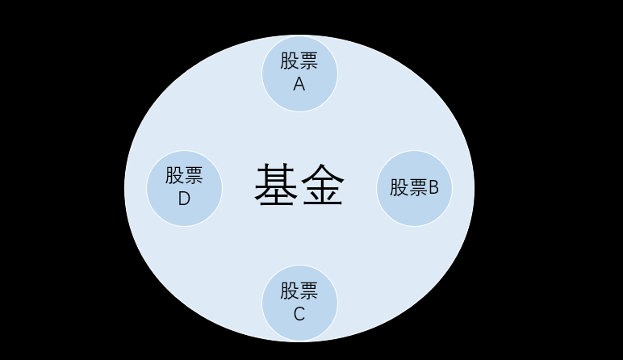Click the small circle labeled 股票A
[299, 73]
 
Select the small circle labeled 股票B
[414, 188]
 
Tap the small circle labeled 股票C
[299, 303]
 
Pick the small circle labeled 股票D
[184, 188]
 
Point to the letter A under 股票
[299, 84]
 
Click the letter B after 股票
[433, 188]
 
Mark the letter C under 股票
[299, 314]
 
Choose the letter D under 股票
[184, 199]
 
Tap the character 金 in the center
[323, 186]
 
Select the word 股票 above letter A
[299, 62]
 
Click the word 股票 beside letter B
[408, 188]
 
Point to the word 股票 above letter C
[299, 291]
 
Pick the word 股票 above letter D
[184, 176]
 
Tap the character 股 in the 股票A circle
[290, 62]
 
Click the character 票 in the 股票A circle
[309, 62]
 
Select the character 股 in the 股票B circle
[399, 188]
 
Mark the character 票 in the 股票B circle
[418, 188]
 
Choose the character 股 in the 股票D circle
[174, 176]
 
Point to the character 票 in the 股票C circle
[309, 291]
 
